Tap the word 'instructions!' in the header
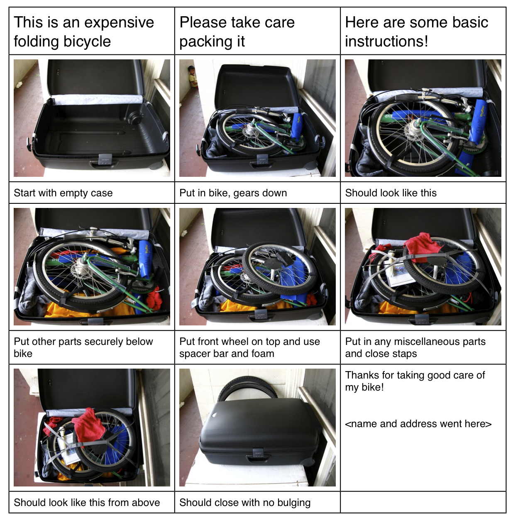(x=386, y=41)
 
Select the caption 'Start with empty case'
(x=63, y=193)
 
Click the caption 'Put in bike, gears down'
(x=233, y=193)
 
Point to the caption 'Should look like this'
(x=391, y=193)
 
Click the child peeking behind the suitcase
(x=193, y=76)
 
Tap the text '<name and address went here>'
(x=418, y=424)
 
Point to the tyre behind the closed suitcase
(x=247, y=386)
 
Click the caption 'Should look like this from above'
(x=87, y=503)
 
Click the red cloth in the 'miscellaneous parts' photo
(x=422, y=246)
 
